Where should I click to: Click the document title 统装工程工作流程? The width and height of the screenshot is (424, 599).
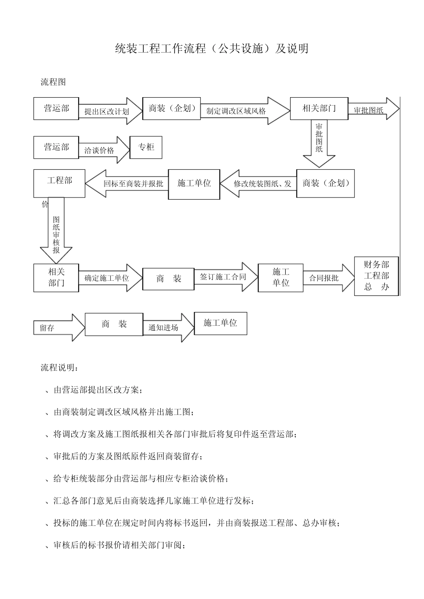[212, 49]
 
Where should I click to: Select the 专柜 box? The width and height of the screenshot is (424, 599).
[145, 148]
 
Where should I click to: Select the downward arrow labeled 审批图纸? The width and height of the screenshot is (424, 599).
[319, 143]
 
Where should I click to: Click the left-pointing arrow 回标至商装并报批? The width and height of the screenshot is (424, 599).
[127, 183]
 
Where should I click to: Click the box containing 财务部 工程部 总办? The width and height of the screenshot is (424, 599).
[376, 276]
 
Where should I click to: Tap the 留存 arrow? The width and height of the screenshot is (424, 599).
[58, 328]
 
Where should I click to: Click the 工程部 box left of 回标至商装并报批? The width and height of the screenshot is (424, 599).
[59, 183]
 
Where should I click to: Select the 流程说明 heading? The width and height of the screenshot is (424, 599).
[59, 368]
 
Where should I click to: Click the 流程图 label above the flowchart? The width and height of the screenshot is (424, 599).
[53, 82]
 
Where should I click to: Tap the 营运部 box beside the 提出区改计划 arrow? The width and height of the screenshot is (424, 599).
[56, 108]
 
